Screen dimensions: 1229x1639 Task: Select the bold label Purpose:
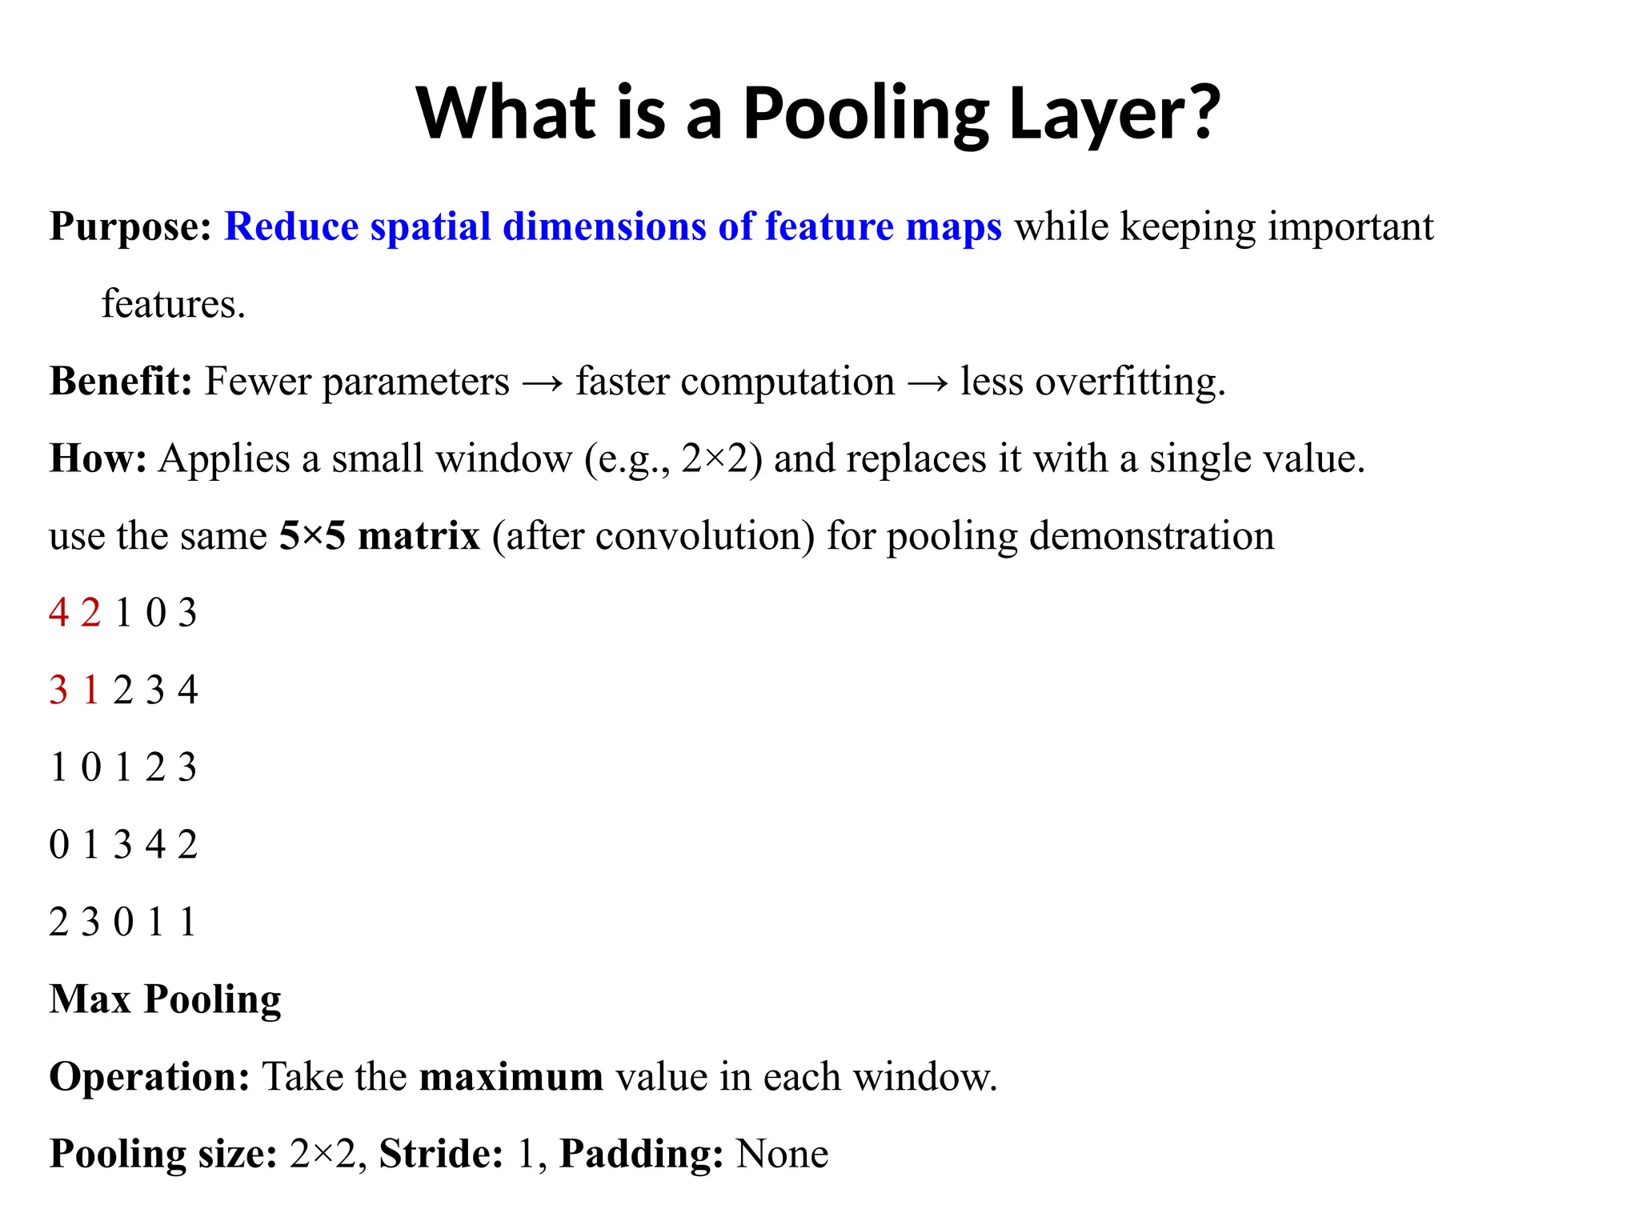coord(130,227)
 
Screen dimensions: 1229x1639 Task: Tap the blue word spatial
coord(431,227)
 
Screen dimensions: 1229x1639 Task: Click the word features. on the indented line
coord(173,304)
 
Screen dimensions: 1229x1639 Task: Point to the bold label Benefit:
coord(121,382)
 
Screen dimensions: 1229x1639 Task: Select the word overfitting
coord(1130,382)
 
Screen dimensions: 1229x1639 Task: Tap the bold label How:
coord(98,459)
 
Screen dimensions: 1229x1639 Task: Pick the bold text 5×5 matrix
coord(379,536)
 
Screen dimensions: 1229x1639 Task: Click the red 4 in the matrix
coord(58,614)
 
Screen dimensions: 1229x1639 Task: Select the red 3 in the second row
coord(58,691)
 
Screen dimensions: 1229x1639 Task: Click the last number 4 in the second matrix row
coord(187,691)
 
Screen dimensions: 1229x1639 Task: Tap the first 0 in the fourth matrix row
coord(58,845)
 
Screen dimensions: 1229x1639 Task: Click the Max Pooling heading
coord(165,999)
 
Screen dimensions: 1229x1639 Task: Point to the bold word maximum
coord(511,1077)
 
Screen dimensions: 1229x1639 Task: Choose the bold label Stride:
coord(441,1154)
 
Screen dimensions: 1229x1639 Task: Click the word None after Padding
coord(782,1154)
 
